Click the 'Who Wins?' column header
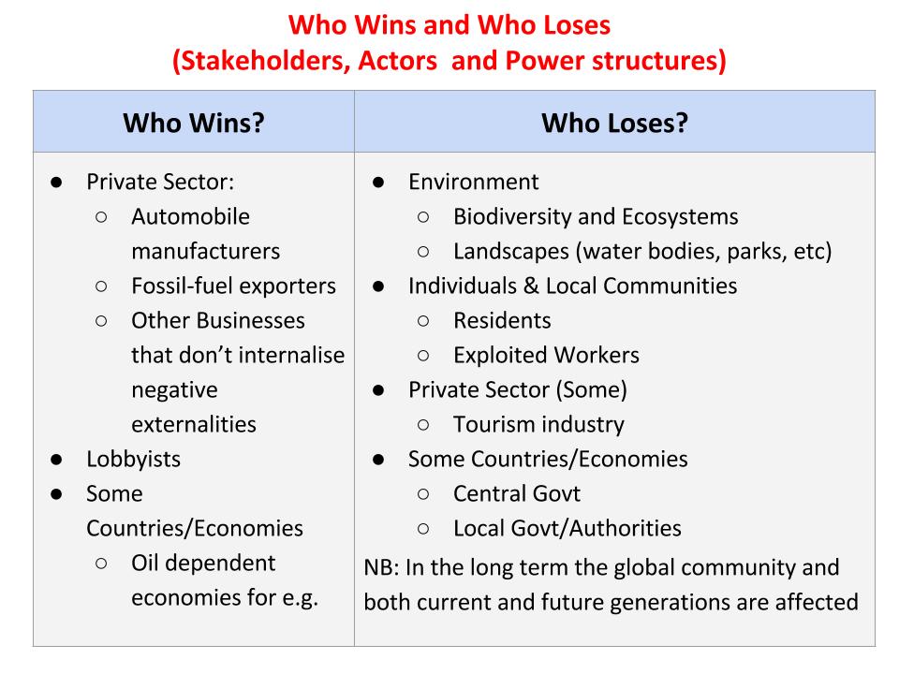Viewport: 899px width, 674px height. tap(194, 123)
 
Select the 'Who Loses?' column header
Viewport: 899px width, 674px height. tap(614, 123)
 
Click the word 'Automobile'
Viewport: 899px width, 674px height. tap(190, 216)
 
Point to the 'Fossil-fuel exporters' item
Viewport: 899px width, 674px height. tap(233, 286)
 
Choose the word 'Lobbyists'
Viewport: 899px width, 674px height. tap(134, 459)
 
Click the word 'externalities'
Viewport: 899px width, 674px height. tap(194, 424)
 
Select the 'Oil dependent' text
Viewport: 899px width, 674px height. tap(203, 563)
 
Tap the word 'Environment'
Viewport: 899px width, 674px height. tap(474, 182)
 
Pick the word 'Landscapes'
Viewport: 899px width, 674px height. tap(511, 251)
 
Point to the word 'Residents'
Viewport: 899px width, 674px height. tap(502, 320)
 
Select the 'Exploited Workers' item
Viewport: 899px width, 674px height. tap(546, 355)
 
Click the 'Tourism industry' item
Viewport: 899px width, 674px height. tap(539, 424)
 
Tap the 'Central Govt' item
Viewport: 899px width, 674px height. tap(517, 493)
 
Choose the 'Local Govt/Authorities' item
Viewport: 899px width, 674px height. tap(567, 528)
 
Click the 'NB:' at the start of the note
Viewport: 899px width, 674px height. tap(381, 567)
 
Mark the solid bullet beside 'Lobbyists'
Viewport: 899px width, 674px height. tap(56, 460)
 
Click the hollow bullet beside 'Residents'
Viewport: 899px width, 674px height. tap(423, 321)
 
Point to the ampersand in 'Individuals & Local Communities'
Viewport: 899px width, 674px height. tap(532, 286)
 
